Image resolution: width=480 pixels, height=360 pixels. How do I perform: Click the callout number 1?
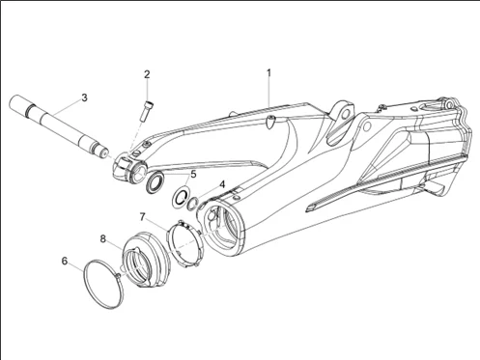(x=268, y=73)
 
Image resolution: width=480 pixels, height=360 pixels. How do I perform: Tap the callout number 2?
(x=147, y=74)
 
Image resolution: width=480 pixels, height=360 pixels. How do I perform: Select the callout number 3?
(x=84, y=97)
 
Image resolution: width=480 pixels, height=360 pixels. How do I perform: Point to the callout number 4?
(x=222, y=184)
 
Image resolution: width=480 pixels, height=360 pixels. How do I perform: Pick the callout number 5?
(x=193, y=175)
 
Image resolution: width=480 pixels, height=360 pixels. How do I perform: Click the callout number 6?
(x=65, y=261)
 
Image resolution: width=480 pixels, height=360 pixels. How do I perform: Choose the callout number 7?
(x=143, y=217)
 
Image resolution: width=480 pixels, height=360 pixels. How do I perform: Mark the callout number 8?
(x=102, y=238)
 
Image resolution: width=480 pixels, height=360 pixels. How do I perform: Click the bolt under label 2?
(x=147, y=111)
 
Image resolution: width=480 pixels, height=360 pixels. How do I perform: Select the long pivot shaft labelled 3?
(x=59, y=126)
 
